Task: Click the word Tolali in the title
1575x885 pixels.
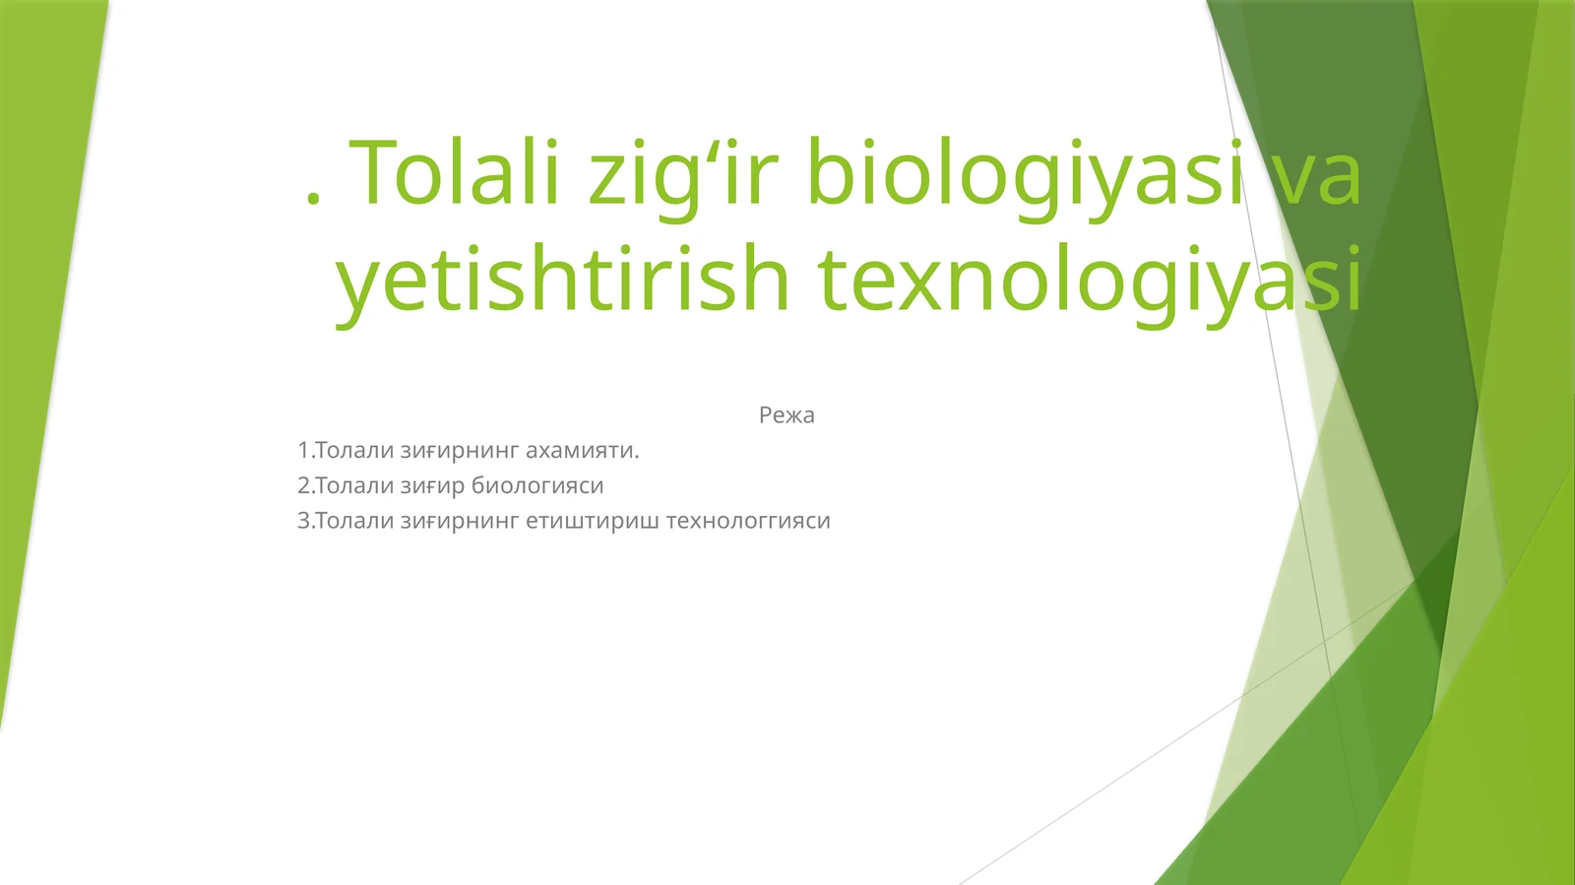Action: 455,173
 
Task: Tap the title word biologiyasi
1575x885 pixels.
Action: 1025,175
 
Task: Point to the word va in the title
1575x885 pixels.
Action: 1315,175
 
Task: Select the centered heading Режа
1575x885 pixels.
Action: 787,415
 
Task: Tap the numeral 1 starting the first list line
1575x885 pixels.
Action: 303,451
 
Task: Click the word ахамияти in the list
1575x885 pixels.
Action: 582,451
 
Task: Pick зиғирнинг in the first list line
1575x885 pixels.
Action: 460,451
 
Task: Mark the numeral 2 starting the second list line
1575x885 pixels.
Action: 303,486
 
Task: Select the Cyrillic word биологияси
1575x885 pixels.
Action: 537,486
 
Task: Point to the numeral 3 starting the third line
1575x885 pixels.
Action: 303,521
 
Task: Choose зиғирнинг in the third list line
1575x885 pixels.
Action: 460,521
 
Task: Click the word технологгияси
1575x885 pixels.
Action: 748,521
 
